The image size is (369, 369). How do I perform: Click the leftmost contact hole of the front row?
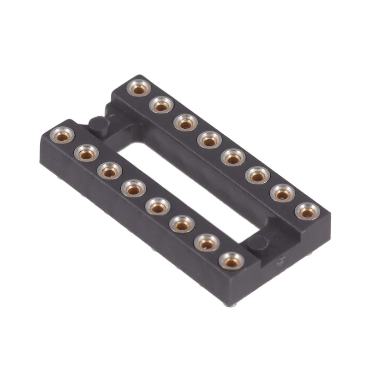(62, 136)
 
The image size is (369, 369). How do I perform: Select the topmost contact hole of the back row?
(138, 88)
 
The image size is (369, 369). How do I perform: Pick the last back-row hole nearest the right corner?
(307, 212)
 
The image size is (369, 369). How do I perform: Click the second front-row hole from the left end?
(86, 154)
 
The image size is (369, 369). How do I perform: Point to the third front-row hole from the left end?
(110, 171)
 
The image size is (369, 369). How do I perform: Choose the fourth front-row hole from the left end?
(134, 189)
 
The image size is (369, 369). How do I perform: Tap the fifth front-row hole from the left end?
(158, 208)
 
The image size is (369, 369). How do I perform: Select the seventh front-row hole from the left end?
(206, 243)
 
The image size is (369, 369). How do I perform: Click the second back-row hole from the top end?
(161, 106)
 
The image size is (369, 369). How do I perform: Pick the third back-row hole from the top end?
(185, 123)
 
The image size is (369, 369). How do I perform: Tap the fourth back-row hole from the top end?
(209, 140)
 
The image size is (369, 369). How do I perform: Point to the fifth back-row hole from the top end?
(233, 158)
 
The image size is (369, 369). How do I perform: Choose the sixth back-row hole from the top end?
(257, 176)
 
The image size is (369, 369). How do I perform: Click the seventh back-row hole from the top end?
(282, 194)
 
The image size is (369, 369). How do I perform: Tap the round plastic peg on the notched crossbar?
(98, 124)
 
